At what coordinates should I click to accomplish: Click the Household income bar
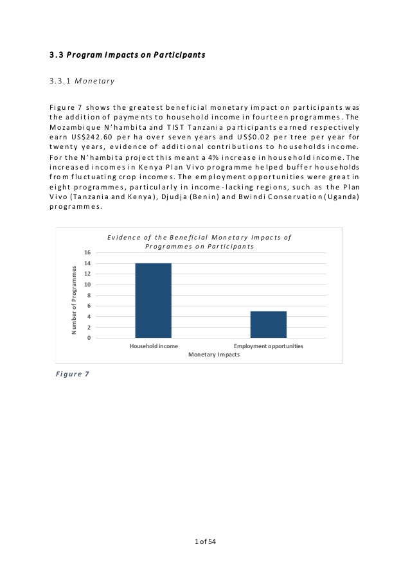pyautogui.click(x=153, y=300)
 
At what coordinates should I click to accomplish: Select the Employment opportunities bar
pyautogui.click(x=268, y=324)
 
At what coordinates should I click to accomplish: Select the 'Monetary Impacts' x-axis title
pyautogui.click(x=213, y=355)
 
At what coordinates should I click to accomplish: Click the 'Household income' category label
pyautogui.click(x=154, y=346)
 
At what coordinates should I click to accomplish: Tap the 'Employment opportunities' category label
pyautogui.click(x=268, y=346)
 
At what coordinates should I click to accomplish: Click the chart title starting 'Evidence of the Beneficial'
pyautogui.click(x=199, y=242)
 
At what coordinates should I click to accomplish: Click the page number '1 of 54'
pyautogui.click(x=205, y=543)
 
